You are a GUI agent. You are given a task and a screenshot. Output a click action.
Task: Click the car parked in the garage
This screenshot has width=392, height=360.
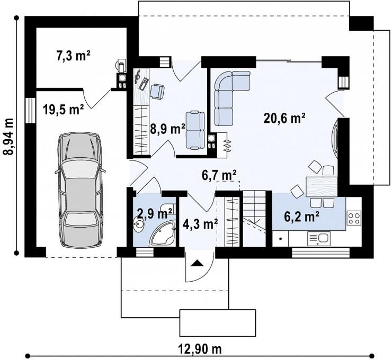click(79, 190)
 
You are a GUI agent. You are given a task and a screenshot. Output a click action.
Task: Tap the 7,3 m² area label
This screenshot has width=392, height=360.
click(73, 56)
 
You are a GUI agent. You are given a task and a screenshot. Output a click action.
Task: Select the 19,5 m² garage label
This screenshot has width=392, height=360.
click(63, 109)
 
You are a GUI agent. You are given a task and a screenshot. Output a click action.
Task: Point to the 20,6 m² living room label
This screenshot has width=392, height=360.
click(284, 118)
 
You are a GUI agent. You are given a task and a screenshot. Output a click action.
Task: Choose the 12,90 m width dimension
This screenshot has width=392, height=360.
click(200, 349)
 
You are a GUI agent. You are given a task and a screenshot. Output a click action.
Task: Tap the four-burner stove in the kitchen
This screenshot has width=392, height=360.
click(354, 218)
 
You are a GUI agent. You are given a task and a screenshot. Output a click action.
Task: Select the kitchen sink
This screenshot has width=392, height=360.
click(319, 238)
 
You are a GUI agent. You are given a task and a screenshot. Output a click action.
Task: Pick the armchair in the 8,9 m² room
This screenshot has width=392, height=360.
click(157, 91)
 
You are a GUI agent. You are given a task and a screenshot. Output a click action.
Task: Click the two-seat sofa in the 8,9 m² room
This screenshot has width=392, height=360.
click(195, 130)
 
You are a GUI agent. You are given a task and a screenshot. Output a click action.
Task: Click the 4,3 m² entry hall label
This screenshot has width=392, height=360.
click(200, 224)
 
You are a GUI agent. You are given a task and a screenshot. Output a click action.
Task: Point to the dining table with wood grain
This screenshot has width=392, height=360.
click(322, 186)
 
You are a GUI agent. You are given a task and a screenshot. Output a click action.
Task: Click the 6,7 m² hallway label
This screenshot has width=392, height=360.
click(219, 175)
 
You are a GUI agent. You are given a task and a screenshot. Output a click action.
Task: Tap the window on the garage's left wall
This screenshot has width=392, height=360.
click(30, 110)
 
